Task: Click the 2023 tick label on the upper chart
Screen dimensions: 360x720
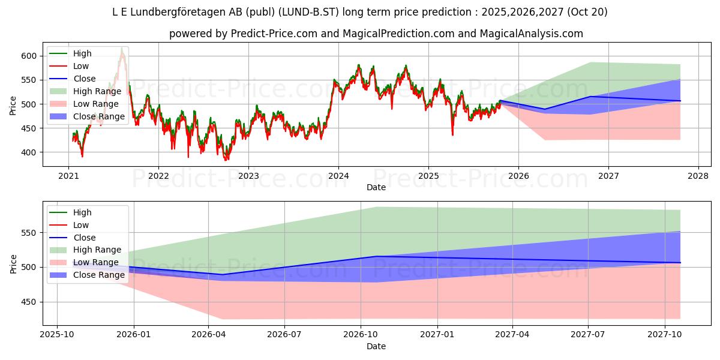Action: pyautogui.click(x=248, y=176)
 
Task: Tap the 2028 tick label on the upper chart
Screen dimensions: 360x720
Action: pyautogui.click(x=698, y=176)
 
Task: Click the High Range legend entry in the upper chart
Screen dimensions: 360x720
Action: pyautogui.click(x=97, y=91)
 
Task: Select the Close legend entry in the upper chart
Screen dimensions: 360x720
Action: pyautogui.click(x=85, y=79)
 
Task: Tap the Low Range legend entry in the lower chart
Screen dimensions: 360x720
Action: pyautogui.click(x=96, y=262)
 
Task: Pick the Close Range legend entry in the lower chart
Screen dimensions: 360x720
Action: pyautogui.click(x=99, y=275)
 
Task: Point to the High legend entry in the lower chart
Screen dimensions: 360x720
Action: pyautogui.click(x=82, y=212)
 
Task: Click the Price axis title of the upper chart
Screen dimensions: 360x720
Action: pyautogui.click(x=13, y=104)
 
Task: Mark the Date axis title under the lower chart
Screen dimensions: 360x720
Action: pyautogui.click(x=376, y=346)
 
